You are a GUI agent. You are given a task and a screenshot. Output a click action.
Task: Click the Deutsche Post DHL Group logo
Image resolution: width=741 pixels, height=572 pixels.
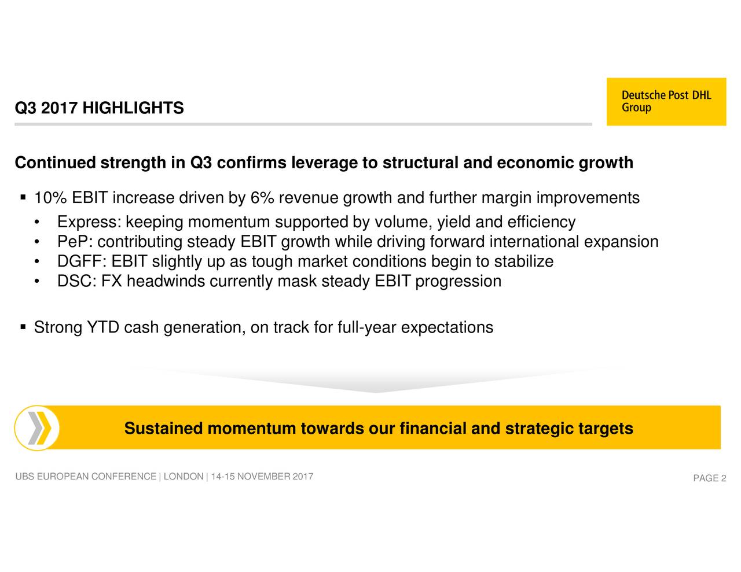pyautogui.click(x=666, y=102)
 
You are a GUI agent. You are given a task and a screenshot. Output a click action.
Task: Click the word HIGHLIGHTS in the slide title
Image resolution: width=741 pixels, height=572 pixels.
pyautogui.click(x=133, y=108)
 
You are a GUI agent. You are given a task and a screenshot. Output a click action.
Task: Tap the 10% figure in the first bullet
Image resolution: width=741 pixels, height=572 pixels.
pyautogui.click(x=50, y=198)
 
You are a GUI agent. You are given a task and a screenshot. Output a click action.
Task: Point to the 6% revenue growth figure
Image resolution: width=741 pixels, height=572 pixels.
pyautogui.click(x=262, y=198)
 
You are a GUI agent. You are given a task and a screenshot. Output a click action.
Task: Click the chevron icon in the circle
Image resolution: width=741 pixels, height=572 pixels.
pyautogui.click(x=39, y=428)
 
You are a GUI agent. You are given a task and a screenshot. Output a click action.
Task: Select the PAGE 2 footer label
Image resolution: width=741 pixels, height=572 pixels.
pyautogui.click(x=710, y=478)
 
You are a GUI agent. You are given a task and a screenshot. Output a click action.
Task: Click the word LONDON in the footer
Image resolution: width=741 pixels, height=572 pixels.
pyautogui.click(x=184, y=476)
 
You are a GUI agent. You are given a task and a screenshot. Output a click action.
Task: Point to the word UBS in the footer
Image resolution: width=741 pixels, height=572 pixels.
pyautogui.click(x=24, y=476)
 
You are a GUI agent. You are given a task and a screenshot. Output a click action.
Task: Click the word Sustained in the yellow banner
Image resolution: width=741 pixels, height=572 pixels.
pyautogui.click(x=163, y=428)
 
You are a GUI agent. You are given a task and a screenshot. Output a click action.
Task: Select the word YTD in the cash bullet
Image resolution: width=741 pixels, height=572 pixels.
pyautogui.click(x=103, y=327)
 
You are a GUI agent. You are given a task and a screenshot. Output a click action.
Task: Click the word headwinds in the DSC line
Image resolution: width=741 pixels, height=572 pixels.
pyautogui.click(x=166, y=282)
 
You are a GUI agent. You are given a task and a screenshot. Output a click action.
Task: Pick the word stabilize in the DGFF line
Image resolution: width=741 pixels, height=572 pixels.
pyautogui.click(x=524, y=261)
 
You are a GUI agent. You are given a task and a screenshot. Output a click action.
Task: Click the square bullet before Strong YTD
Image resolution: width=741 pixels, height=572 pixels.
pyautogui.click(x=23, y=327)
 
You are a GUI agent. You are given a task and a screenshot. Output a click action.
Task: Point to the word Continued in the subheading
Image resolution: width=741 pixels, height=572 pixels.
pyautogui.click(x=55, y=163)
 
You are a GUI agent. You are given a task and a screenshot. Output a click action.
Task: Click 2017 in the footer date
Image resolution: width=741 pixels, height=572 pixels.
pyautogui.click(x=303, y=476)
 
